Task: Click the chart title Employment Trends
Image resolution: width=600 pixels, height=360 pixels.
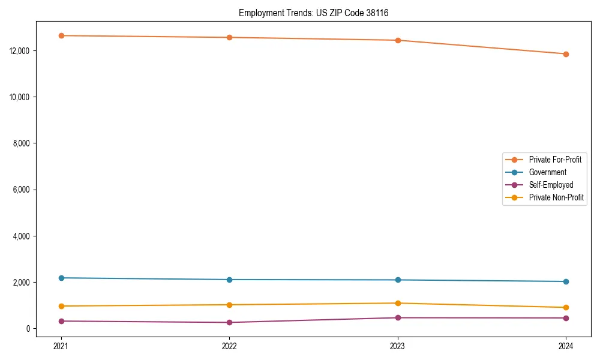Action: (x=313, y=13)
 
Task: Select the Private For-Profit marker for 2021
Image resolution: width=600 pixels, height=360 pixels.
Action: (x=61, y=35)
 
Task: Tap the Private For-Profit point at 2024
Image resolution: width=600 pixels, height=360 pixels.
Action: (x=566, y=54)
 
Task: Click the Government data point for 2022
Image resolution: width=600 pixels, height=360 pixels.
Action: (x=229, y=280)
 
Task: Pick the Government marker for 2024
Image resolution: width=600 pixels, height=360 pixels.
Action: (x=566, y=281)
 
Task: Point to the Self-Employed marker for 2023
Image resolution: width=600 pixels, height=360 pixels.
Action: (x=398, y=317)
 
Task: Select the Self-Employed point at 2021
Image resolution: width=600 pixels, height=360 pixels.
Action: (x=61, y=321)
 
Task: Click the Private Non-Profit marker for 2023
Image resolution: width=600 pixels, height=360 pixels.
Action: (x=398, y=303)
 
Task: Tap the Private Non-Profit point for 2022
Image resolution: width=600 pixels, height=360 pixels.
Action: (x=229, y=305)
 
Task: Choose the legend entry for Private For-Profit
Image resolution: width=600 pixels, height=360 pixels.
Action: (x=554, y=160)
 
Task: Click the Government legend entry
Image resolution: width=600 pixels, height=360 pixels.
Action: (x=547, y=172)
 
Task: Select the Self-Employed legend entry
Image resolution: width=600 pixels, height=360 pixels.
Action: (x=551, y=185)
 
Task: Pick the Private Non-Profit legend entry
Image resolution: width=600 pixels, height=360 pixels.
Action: (x=556, y=197)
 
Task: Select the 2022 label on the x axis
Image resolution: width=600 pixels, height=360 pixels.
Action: (x=229, y=346)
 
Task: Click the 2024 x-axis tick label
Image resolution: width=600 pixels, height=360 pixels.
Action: (x=566, y=346)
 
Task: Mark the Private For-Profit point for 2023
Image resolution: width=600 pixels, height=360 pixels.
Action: (x=398, y=40)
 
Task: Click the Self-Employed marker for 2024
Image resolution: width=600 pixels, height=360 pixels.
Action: (x=566, y=318)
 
